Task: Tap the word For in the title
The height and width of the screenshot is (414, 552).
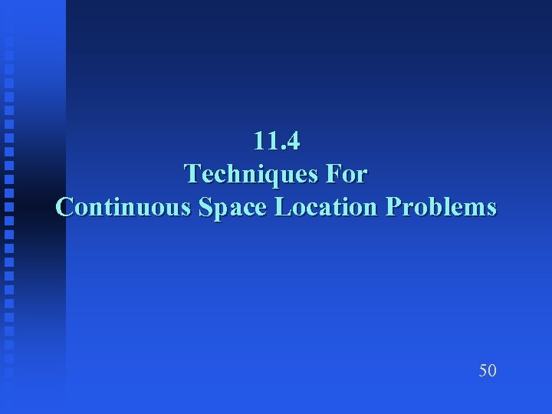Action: [346, 175]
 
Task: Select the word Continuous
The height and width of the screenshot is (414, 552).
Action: [124, 208]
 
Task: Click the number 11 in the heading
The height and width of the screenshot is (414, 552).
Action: [264, 142]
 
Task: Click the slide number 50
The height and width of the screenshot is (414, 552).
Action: [488, 371]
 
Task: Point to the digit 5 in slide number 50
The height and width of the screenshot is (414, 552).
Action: [483, 371]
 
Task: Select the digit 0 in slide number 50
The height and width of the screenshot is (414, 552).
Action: [492, 371]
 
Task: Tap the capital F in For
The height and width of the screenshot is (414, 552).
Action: [332, 175]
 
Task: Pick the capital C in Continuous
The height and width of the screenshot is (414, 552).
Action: [64, 208]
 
